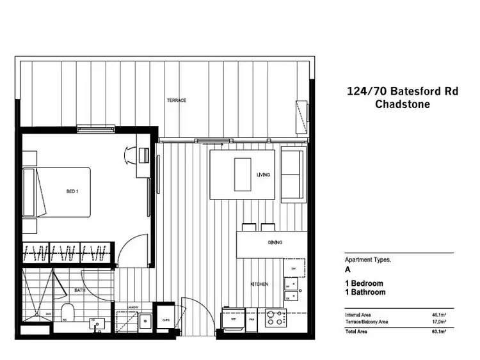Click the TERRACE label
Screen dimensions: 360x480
[x=177, y=100]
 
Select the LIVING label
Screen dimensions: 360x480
[x=264, y=175]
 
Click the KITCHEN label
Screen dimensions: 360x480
[x=259, y=284]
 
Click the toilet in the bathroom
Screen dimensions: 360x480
[x=68, y=313]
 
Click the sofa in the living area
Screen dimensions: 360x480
[x=294, y=173]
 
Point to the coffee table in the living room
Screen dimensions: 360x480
[x=243, y=173]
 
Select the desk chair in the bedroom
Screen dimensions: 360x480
[x=128, y=154]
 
